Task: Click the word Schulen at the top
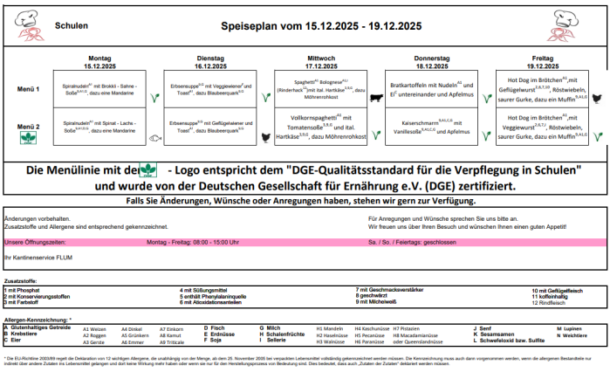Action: [x=71, y=25]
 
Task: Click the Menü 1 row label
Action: [x=29, y=89]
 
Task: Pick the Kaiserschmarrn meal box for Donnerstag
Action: [x=429, y=127]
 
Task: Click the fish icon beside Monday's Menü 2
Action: [x=153, y=136]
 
